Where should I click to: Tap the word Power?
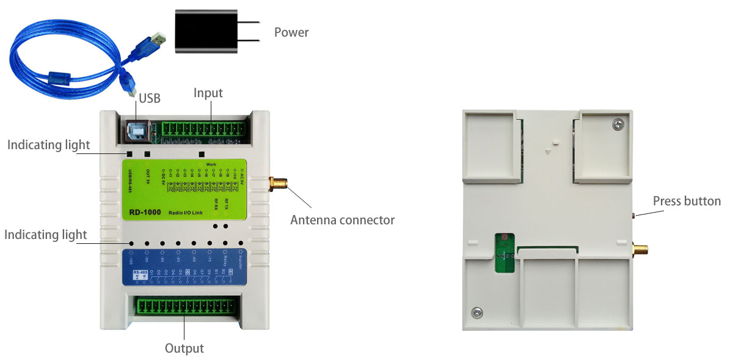coord(291,32)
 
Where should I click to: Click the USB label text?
coord(150,98)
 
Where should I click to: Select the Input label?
coord(208,93)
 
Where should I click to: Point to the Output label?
coord(184,348)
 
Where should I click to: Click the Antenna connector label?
coord(342,220)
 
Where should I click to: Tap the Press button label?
coord(687,201)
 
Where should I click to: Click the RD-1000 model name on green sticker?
coord(145,213)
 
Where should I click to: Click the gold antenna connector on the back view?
coord(640,249)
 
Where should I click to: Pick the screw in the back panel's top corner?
coord(618,125)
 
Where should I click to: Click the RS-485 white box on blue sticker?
coord(140,274)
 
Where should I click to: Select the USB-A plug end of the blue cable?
coord(156,41)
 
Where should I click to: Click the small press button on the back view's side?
coord(635,216)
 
